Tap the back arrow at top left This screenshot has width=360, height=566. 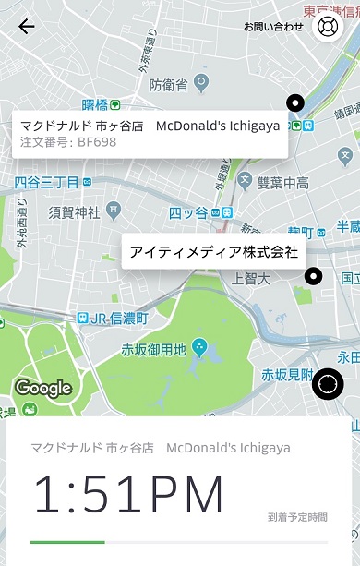pos(27,26)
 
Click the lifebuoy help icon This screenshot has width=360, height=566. pos(328,26)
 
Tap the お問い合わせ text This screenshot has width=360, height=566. pos(273,27)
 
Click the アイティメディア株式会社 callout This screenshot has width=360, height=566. pos(213,251)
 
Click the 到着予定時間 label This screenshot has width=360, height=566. pos(297,517)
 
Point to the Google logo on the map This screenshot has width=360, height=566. pos(42,388)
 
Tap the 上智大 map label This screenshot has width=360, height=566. pos(249,277)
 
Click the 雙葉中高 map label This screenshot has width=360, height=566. pos(284,183)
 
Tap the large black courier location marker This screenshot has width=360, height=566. pos(328,383)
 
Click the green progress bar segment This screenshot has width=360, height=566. pos(67,542)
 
